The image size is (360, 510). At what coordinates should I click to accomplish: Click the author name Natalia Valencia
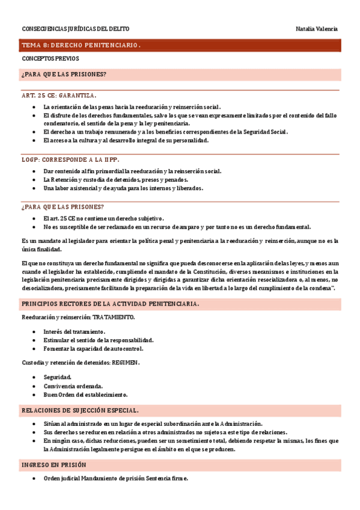[317, 29]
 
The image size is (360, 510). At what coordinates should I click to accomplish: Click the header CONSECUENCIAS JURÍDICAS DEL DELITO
[75, 29]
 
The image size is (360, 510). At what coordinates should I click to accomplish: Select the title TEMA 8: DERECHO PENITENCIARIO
[81, 45]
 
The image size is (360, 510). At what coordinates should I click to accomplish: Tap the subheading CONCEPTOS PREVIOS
[50, 59]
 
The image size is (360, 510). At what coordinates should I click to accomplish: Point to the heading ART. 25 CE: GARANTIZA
[58, 95]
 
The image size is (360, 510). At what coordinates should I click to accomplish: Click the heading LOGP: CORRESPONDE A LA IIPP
[70, 159]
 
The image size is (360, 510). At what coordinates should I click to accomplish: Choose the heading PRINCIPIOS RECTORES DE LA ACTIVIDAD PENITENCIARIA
[111, 304]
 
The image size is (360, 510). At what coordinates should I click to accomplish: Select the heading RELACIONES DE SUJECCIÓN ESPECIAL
[80, 410]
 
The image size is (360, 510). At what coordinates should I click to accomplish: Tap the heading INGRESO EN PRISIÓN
[54, 465]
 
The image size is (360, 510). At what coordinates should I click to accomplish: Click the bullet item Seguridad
[57, 377]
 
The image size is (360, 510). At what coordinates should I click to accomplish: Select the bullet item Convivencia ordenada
[73, 386]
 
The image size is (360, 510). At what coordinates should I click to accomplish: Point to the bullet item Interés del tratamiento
[75, 331]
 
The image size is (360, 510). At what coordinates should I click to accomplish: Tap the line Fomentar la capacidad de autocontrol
[94, 348]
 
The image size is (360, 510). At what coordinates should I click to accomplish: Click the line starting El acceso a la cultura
[126, 140]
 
